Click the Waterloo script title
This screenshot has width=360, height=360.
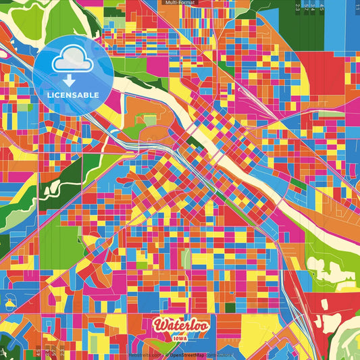[181, 325]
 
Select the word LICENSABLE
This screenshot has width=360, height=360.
[73, 95]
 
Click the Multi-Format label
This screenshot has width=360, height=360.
[180, 3]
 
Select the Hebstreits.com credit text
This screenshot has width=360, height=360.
[146, 355]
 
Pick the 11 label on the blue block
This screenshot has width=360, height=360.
[357, 6]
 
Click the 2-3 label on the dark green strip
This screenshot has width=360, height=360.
[297, 7]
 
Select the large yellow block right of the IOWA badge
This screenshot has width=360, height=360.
[257, 332]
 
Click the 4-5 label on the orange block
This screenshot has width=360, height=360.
[322, 8]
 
